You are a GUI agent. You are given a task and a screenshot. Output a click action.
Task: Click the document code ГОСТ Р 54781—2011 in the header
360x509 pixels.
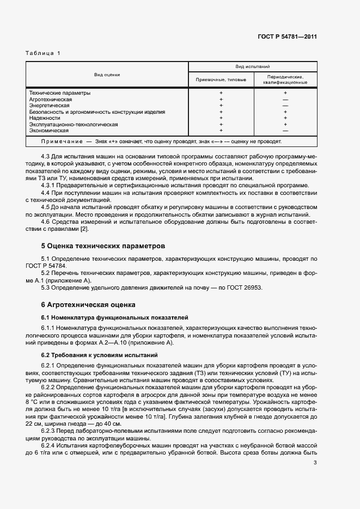tap(288, 37)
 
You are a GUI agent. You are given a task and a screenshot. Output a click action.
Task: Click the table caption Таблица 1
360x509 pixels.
tap(44, 53)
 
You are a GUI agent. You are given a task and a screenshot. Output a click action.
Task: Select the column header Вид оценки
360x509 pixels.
tap(107, 75)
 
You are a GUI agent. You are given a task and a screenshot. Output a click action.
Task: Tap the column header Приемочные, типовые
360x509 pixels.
tap(221, 79)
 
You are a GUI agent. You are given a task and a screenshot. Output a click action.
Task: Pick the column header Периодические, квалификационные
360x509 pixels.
tap(285, 79)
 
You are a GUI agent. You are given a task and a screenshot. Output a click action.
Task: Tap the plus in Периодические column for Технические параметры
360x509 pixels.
tap(285, 93)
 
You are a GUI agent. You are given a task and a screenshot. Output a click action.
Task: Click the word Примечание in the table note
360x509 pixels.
tap(60, 142)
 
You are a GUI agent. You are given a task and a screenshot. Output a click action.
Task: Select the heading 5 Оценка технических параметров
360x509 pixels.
tap(103, 246)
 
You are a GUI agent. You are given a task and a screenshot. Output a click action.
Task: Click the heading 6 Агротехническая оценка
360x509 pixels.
tap(88, 304)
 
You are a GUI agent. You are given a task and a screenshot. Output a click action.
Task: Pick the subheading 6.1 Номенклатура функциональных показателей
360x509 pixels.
tap(114, 316)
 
